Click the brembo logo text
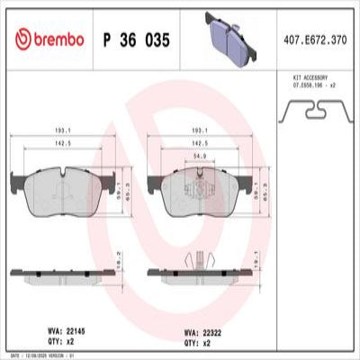coord(52,40)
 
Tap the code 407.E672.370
coord(315,40)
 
